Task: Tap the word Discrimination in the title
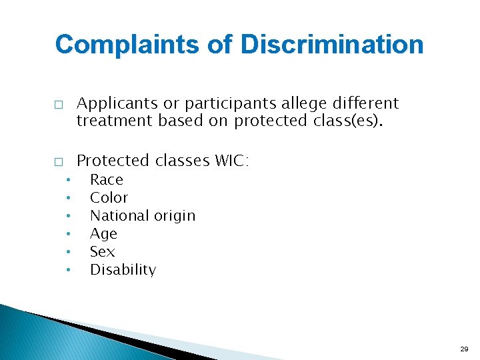[331, 45]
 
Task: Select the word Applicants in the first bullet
[117, 103]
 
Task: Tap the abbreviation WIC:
[231, 161]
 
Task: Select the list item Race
[107, 179]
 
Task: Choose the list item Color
[109, 197]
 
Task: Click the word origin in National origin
[174, 216]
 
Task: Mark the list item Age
[103, 234]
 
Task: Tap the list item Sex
[102, 252]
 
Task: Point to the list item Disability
[123, 270]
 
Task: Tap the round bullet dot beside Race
[68, 181]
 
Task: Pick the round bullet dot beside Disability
[68, 271]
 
